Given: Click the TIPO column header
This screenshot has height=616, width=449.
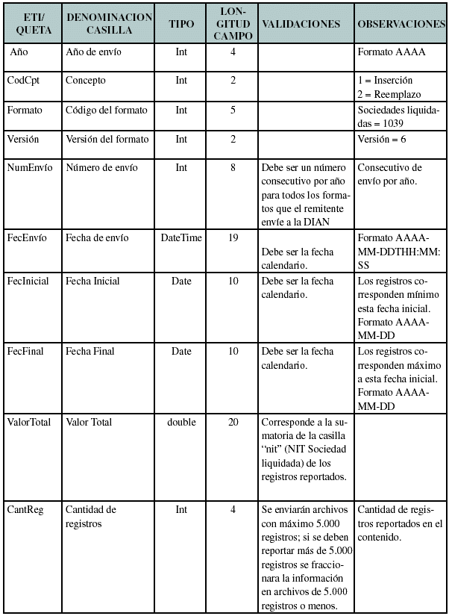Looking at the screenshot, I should coord(181,23).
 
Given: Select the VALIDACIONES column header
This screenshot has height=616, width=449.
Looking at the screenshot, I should coord(301,23).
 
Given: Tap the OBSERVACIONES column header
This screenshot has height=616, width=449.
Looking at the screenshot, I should coord(401,23).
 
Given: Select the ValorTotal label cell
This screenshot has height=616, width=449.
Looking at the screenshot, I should coord(29,422).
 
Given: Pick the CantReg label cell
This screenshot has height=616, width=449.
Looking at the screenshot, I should coord(25,509).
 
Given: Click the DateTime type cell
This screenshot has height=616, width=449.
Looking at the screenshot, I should coord(181,238).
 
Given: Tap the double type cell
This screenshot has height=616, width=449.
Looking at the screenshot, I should coord(181,422).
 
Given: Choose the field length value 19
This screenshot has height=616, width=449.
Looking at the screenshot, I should coord(233,238).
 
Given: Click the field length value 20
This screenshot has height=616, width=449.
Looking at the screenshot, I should coord(233,422).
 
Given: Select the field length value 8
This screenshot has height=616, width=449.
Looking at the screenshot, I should coord(233,168).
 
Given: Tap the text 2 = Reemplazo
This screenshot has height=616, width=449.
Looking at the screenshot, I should coord(389,95).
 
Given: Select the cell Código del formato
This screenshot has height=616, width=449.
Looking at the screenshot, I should coord(106,111).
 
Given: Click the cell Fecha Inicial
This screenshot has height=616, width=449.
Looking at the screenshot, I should coord(92,281).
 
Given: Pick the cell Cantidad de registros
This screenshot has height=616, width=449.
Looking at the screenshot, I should coord(91,516).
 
